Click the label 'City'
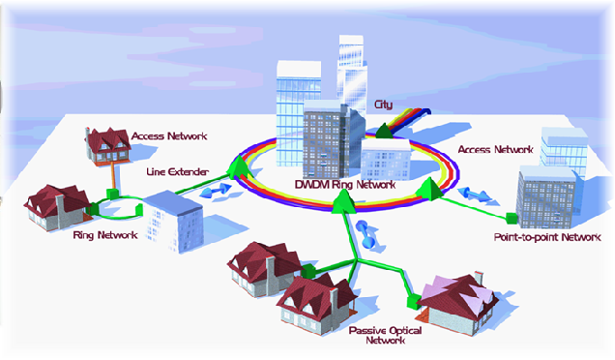tap(383, 105)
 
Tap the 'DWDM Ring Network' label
tap(345, 185)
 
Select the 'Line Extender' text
tap(177, 172)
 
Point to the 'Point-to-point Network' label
tap(547, 237)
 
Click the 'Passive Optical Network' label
tap(385, 335)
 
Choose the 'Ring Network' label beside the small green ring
tap(105, 235)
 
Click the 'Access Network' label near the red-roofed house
tap(169, 136)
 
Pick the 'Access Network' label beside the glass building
tap(495, 150)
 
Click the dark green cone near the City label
tap(385, 131)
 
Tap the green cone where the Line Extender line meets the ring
tap(241, 168)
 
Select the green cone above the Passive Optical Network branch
tap(343, 201)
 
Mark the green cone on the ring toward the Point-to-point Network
tap(430, 189)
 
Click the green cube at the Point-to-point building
tap(512, 219)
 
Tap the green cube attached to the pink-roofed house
tap(413, 302)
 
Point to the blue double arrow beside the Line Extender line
tap(216, 191)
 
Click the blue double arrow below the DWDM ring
tap(366, 235)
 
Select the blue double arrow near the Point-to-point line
tap(474, 195)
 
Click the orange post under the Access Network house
tap(113, 176)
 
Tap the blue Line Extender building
tap(173, 221)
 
